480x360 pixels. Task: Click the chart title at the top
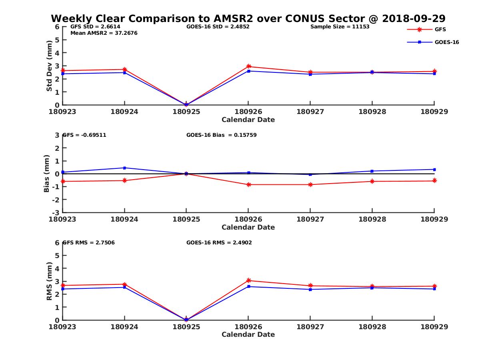pos(248,19)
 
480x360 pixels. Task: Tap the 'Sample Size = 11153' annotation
pos(340,27)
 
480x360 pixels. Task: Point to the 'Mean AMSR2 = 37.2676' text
pos(104,33)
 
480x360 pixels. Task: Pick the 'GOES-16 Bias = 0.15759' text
pos(221,135)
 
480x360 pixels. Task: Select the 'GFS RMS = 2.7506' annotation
pos(88,242)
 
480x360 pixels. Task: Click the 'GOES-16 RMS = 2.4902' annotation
pos(219,242)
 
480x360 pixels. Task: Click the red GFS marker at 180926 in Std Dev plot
pos(248,66)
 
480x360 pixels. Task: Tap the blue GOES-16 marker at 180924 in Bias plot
pos(125,168)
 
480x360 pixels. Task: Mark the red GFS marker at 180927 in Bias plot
pos(310,184)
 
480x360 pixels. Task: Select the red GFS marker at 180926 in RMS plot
pos(248,280)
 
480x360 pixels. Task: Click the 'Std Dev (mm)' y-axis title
pos(49,66)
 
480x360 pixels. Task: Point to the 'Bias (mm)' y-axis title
pos(46,174)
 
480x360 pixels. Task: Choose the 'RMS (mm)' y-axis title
pos(49,281)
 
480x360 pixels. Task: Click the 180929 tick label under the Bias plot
pos(434,219)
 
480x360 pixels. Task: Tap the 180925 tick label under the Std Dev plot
pos(186,112)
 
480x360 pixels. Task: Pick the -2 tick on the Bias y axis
pos(57,200)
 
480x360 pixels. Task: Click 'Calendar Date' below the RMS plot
pos(248,334)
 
